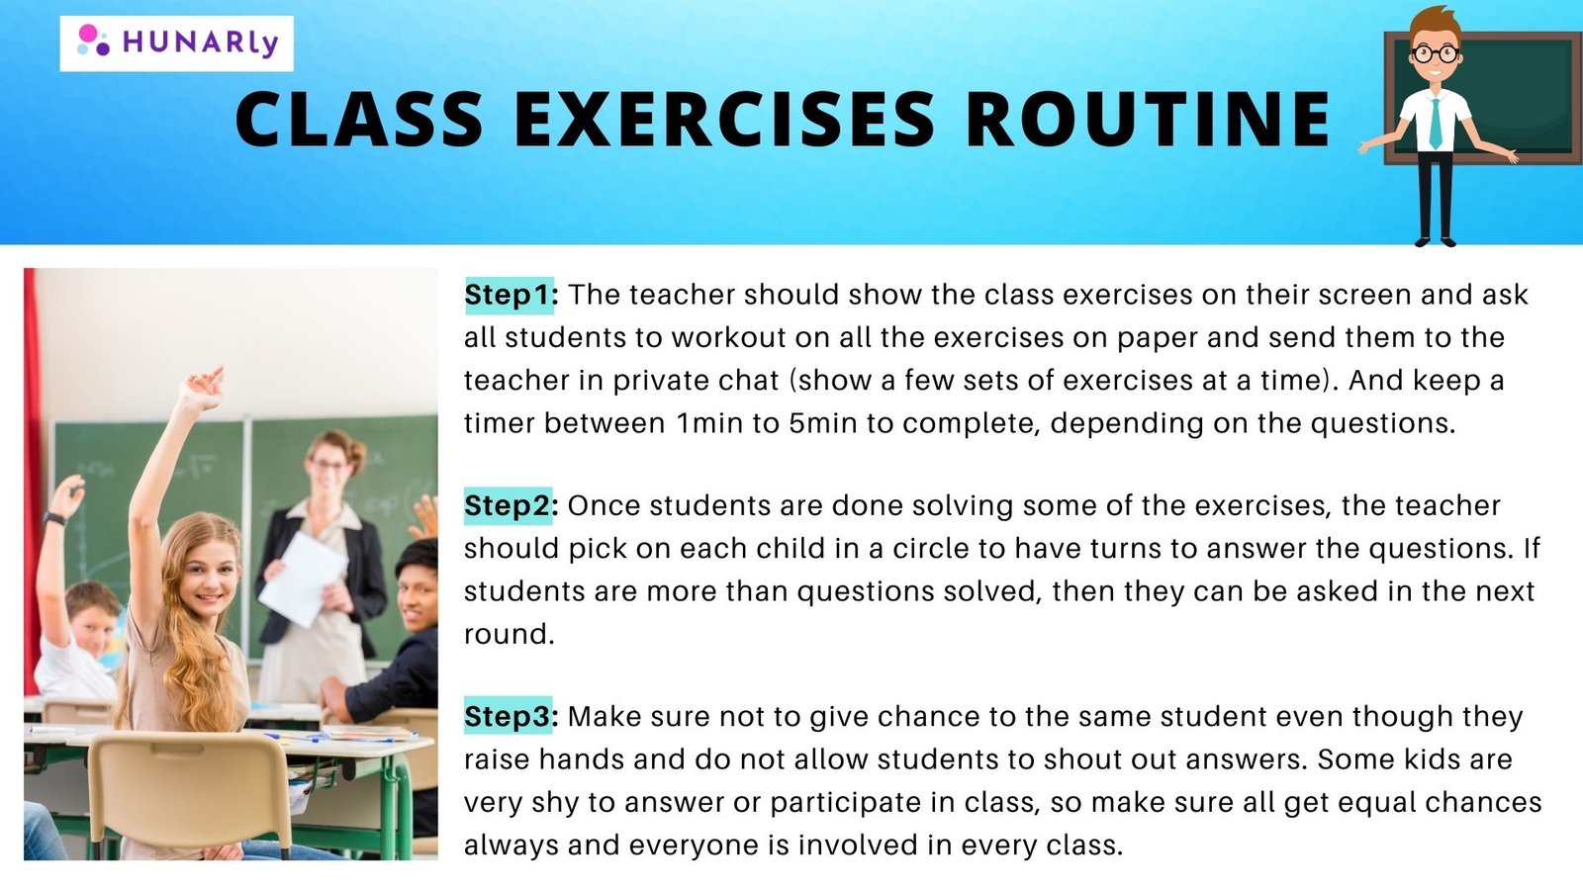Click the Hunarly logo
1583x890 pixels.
177,44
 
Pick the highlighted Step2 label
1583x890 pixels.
509,505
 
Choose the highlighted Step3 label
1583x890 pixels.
509,716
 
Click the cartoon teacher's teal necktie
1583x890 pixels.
1436,123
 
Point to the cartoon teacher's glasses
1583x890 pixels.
1435,53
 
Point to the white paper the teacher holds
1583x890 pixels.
303,579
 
